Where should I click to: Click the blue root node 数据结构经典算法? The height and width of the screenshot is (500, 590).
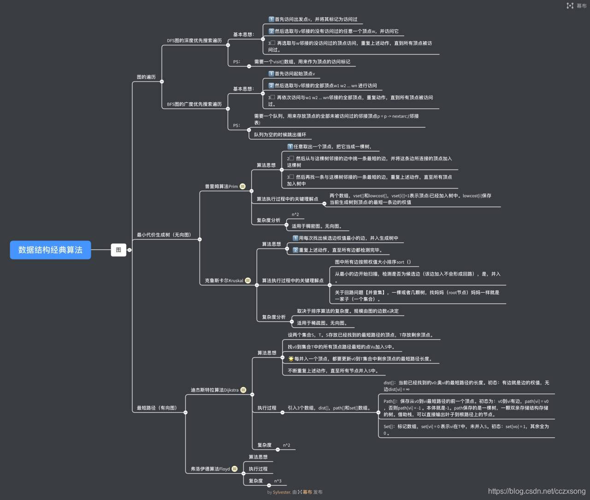(x=50, y=250)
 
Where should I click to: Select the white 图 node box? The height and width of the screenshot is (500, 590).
(x=118, y=250)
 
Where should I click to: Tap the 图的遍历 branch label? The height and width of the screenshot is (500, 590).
(x=146, y=77)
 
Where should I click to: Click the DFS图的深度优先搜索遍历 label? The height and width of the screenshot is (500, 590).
(x=194, y=41)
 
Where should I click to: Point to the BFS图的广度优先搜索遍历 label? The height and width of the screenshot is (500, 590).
(x=194, y=104)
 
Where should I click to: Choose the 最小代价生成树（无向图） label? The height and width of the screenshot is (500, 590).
(x=164, y=235)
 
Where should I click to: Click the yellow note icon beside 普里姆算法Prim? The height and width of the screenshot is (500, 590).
(x=242, y=187)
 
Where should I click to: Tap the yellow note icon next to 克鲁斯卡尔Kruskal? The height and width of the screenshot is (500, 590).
(x=248, y=281)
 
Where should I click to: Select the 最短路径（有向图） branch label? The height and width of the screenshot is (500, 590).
(x=157, y=408)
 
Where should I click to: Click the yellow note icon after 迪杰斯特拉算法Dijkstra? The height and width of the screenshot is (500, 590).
(x=243, y=390)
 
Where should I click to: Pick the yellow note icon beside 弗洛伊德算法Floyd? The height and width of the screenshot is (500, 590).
(x=235, y=469)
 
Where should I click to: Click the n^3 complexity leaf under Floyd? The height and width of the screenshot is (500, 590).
(x=278, y=481)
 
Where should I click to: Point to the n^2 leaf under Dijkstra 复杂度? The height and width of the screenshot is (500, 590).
(x=287, y=445)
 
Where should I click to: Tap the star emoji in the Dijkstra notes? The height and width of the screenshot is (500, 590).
(x=291, y=359)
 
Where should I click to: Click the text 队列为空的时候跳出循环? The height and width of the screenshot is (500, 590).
(x=280, y=135)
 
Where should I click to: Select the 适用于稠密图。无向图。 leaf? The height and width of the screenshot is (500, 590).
(x=317, y=226)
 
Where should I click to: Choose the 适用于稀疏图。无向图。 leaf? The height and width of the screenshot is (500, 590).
(x=322, y=323)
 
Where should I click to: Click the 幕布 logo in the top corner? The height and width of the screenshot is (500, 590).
(x=577, y=6)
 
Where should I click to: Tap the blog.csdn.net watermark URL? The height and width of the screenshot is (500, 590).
(x=537, y=491)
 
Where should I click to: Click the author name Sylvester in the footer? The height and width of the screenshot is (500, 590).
(x=282, y=492)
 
